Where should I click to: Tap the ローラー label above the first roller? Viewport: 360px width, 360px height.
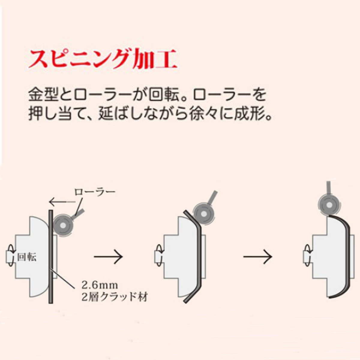94,191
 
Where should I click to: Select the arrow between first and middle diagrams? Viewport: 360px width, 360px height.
108,257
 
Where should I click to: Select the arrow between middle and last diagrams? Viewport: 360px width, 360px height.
257,257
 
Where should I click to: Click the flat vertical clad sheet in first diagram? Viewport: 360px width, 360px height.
50,255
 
